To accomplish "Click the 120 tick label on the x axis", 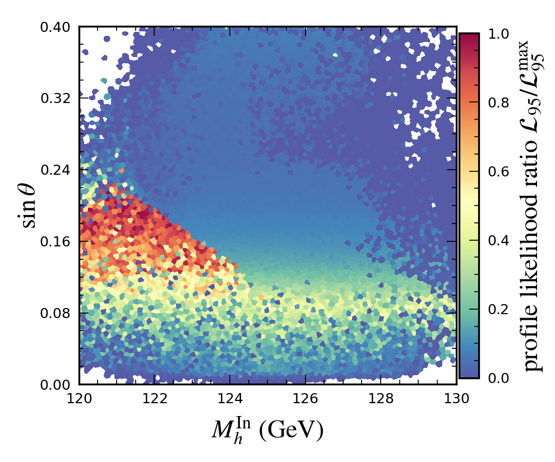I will (x=79, y=399).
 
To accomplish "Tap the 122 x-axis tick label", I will (x=155, y=399).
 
